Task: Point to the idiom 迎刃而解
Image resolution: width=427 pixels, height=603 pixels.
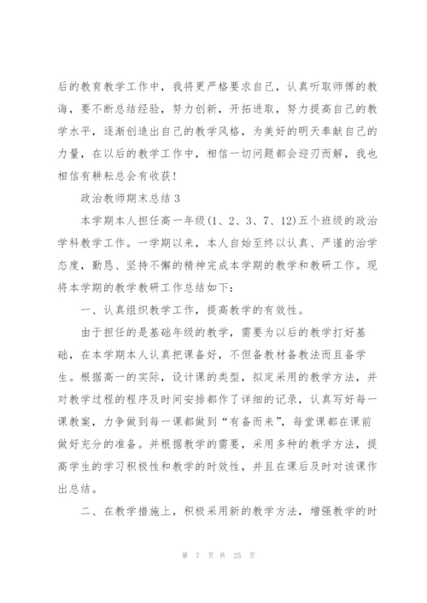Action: [295, 154]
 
